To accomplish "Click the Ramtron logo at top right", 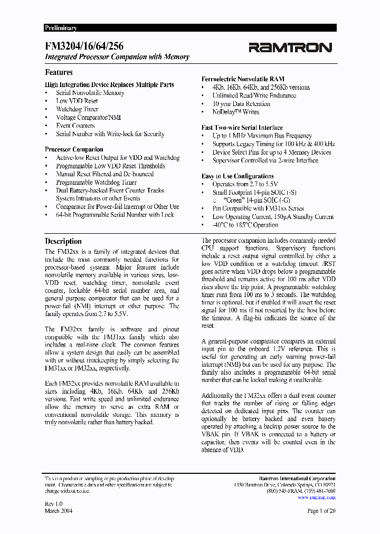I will point(290,48).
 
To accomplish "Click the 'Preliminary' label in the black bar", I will point(61,28).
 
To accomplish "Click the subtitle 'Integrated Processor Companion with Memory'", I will point(117,57).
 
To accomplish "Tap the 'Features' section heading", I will point(59,72).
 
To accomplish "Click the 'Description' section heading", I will point(63,241).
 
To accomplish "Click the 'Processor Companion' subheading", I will point(74,149).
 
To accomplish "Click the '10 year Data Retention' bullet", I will point(241,104).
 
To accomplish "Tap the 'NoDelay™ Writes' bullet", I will point(235,112).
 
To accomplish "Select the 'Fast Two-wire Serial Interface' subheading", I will point(242,127).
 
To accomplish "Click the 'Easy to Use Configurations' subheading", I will point(237,176).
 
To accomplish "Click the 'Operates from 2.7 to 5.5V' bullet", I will point(245,184).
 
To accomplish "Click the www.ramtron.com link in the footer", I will point(317,497).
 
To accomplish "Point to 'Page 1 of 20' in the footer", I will point(321,511).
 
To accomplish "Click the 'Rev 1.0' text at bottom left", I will point(54,504).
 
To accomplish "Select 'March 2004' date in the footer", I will point(59,511).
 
